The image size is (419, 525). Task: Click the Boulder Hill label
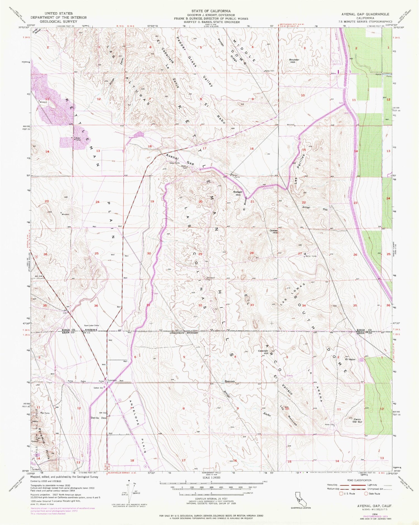[x=294, y=61]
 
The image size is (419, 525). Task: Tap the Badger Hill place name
[x=237, y=193]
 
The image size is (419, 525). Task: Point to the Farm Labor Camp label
[x=92, y=326]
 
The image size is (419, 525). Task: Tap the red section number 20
[x=200, y=201]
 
